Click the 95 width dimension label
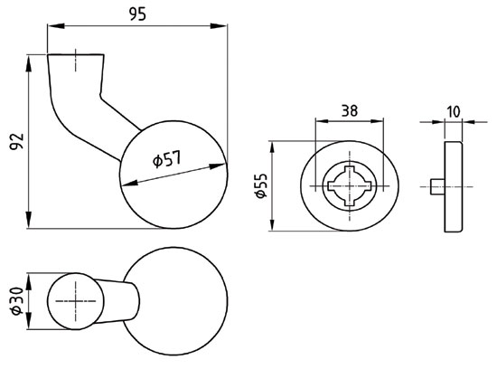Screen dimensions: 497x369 (x=137, y=14)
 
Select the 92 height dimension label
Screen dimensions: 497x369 (x=17, y=141)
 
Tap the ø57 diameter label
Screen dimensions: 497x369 (x=167, y=158)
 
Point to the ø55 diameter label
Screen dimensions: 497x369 (x=262, y=185)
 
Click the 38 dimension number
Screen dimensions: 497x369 (x=350, y=110)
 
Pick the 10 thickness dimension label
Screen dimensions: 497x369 (x=454, y=111)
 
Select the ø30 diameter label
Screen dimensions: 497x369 (x=17, y=301)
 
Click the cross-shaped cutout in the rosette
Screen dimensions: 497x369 (x=350, y=186)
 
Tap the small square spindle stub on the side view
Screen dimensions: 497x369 (x=437, y=186)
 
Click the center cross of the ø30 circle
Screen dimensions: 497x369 (x=75, y=301)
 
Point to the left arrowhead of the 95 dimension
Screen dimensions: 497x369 (x=56, y=26)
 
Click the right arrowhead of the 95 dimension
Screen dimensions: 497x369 (x=219, y=26)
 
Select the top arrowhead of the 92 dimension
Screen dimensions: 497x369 (x=29, y=63)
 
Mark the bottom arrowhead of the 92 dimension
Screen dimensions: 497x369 (x=29, y=220)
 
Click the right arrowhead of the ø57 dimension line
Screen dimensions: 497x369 (x=219, y=166)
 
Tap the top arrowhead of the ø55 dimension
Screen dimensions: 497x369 (x=272, y=149)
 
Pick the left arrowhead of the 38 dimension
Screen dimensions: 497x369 (x=324, y=121)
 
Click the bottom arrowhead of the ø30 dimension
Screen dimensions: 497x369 (x=29, y=321)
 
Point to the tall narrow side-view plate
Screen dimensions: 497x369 (x=454, y=186)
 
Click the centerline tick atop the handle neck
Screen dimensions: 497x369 (x=75, y=61)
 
